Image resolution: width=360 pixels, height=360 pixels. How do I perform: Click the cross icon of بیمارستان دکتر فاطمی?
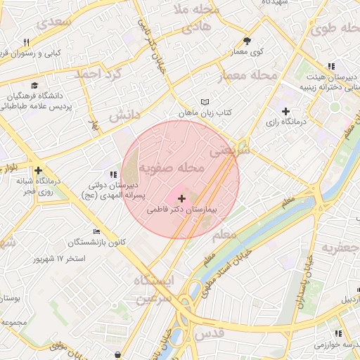pyautogui.click(x=182, y=199)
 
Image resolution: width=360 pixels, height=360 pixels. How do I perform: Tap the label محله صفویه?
pyautogui.click(x=171, y=169)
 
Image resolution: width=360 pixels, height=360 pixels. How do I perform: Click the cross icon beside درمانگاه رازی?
pyautogui.click(x=285, y=111)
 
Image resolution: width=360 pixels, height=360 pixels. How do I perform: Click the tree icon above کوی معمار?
pyautogui.click(x=247, y=41)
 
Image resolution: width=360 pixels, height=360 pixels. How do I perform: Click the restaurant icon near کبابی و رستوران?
pyautogui.click(x=26, y=43)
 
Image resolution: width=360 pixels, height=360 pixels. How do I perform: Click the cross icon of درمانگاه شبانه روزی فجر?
pyautogui.click(x=38, y=170)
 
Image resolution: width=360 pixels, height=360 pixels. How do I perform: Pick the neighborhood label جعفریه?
pyautogui.click(x=340, y=247)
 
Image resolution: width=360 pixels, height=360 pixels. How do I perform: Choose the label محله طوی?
pyautogui.click(x=334, y=29)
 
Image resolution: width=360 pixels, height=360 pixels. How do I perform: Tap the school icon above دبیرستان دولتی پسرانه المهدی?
pyautogui.click(x=113, y=174)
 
